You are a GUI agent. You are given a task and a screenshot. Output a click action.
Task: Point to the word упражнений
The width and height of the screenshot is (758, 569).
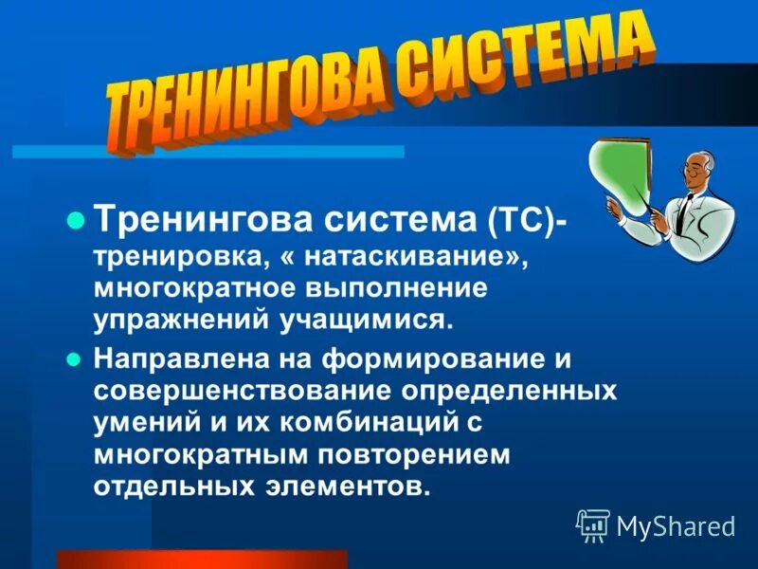[x=176, y=318]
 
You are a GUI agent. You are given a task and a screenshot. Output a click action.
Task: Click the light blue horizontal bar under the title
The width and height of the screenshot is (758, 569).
[x=208, y=152]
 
